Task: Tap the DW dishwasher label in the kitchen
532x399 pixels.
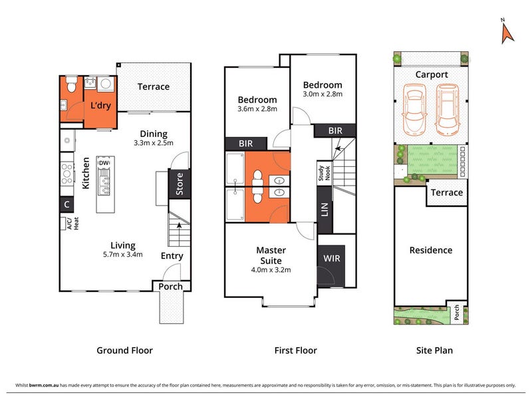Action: pos(104,163)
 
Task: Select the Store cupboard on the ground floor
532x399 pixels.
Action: pos(179,184)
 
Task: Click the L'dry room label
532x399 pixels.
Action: pos(101,105)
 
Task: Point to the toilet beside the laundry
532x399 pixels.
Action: pos(71,84)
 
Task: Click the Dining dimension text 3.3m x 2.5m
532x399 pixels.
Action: pos(154,143)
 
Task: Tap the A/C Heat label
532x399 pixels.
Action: pos(72,223)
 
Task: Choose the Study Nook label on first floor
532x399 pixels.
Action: pos(324,173)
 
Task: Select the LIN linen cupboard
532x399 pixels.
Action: pos(325,209)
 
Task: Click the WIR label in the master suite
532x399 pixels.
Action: pos(331,259)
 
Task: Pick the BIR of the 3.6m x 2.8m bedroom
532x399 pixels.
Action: pos(246,144)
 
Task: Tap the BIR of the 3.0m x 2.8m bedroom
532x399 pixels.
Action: pos(335,130)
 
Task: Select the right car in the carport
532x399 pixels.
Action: pos(448,109)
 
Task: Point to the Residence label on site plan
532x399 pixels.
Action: pos(431,251)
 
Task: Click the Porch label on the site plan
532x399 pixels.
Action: pos(457,312)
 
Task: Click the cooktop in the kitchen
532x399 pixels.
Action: pos(67,174)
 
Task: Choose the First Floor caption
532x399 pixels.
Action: pos(295,350)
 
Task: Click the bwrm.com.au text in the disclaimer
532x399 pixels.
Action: pos(44,385)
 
